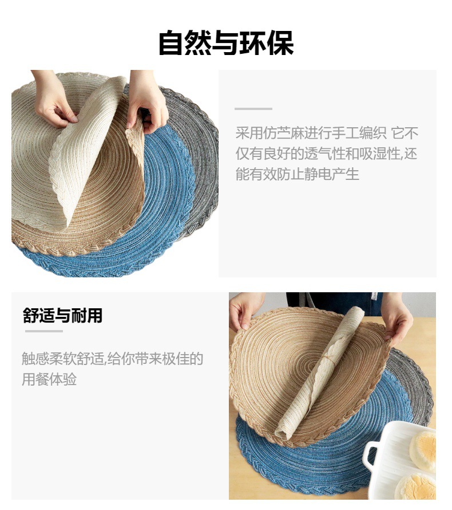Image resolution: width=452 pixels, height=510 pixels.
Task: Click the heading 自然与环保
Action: point(225,44)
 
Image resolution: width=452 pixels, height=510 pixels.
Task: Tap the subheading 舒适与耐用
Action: point(63,315)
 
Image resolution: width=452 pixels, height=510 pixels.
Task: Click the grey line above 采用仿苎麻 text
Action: point(253,108)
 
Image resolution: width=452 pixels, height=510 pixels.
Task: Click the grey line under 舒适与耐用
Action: point(43,331)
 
